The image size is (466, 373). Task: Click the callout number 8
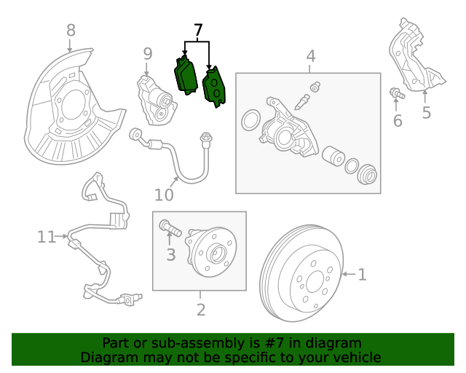71,31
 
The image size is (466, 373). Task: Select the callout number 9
147,53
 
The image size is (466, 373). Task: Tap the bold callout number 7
197,31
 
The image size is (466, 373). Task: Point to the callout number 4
310,56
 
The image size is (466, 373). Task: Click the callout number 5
426,112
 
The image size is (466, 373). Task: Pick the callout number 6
398,121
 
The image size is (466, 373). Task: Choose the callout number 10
164,195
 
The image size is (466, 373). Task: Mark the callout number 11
47,236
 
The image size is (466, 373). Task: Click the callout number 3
171,254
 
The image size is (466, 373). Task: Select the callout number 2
200,310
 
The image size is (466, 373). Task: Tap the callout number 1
362,275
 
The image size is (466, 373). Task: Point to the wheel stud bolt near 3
170,229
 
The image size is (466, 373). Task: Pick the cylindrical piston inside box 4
334,157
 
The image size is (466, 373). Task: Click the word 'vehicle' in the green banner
355,357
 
